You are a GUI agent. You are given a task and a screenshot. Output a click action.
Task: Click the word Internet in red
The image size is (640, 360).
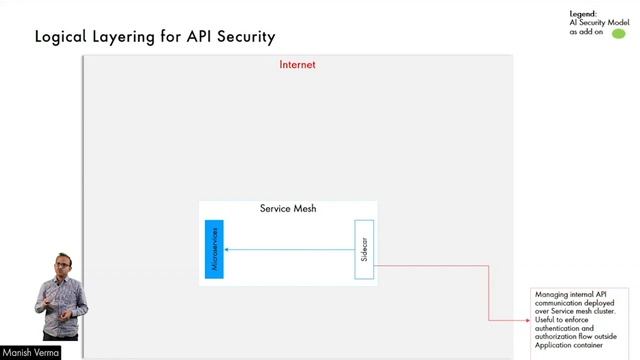(297, 65)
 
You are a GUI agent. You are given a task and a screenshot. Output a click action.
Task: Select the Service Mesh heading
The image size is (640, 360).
(288, 209)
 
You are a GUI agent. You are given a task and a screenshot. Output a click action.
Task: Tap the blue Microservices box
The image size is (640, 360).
(214, 249)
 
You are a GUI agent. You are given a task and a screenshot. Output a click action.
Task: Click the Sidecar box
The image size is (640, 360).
(364, 249)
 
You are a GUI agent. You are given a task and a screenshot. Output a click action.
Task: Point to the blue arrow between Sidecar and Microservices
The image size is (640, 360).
(290, 249)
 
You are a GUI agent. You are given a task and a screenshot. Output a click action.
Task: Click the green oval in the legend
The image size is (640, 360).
(618, 33)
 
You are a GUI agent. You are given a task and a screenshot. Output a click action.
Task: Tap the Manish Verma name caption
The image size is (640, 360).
(30, 352)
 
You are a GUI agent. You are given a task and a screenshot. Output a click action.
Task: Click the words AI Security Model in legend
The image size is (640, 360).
(596, 22)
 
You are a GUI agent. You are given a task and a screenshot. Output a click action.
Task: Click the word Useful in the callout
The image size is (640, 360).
(546, 321)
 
